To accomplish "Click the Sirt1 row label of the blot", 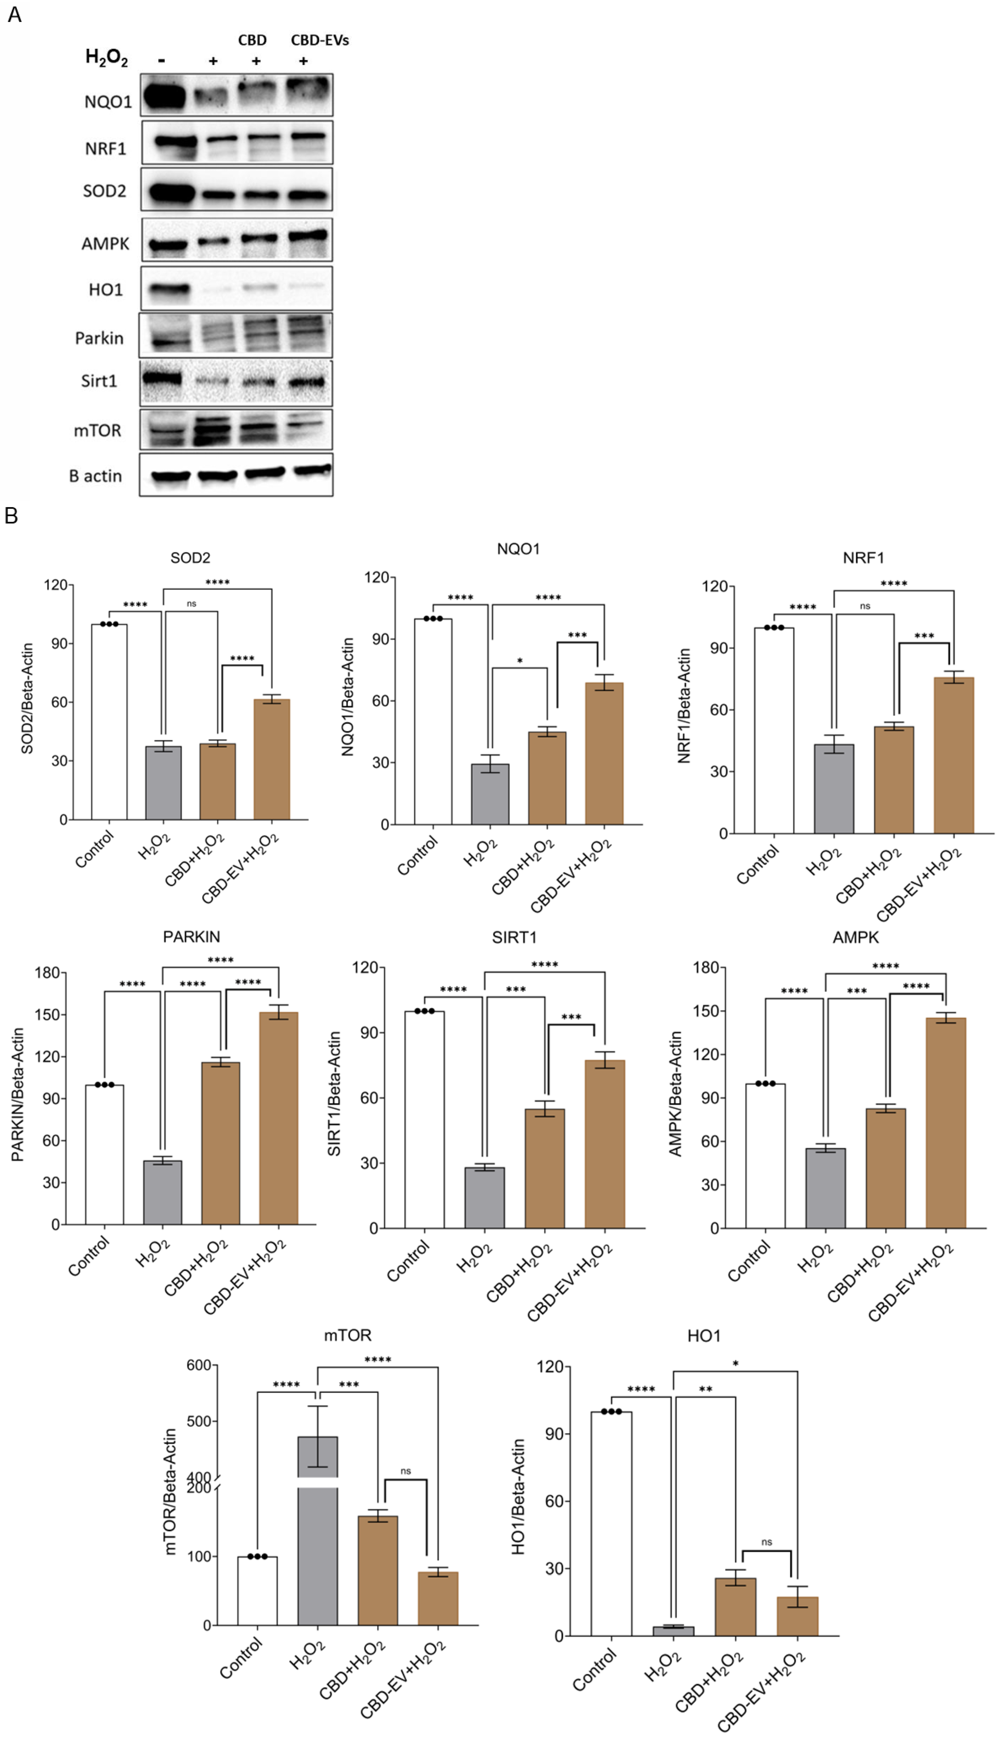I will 99,381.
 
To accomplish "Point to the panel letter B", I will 11,516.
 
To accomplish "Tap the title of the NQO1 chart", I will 518,549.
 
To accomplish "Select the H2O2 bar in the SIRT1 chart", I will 484,1197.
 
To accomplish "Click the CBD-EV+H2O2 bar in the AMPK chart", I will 945,1123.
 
